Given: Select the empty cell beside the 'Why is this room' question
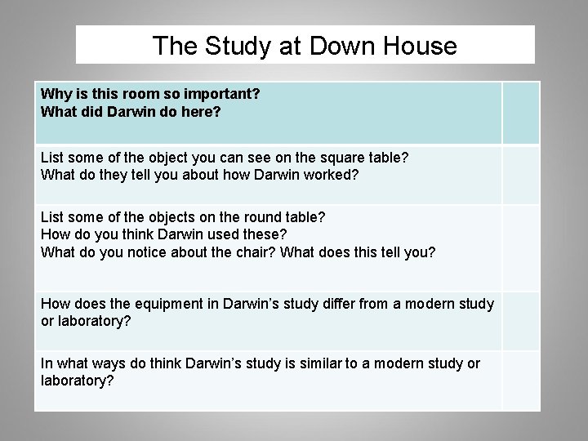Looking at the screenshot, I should [520, 113].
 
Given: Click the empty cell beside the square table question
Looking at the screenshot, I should [520, 174].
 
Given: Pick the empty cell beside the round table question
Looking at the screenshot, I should [520, 247].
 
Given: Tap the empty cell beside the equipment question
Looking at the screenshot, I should [520, 320].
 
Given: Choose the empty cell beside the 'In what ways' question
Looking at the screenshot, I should [520, 380].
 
